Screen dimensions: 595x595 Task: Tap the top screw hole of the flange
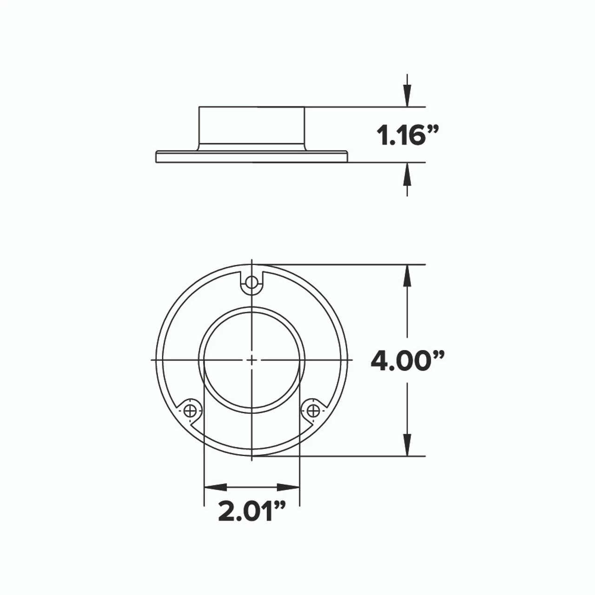pos(251,282)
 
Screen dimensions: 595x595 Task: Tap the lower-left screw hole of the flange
pos(190,410)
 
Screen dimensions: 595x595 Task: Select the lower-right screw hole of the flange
pos(313,410)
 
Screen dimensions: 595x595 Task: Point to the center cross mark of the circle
pos(251,360)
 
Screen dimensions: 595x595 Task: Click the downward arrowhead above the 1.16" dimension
pos(407,97)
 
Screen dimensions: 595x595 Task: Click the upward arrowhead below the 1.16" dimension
pos(407,172)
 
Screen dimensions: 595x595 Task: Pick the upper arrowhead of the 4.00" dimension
pos(407,276)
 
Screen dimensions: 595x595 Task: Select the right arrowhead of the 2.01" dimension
pos(288,487)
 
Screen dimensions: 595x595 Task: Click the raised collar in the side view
pos(251,126)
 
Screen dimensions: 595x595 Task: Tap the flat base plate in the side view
pos(251,157)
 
